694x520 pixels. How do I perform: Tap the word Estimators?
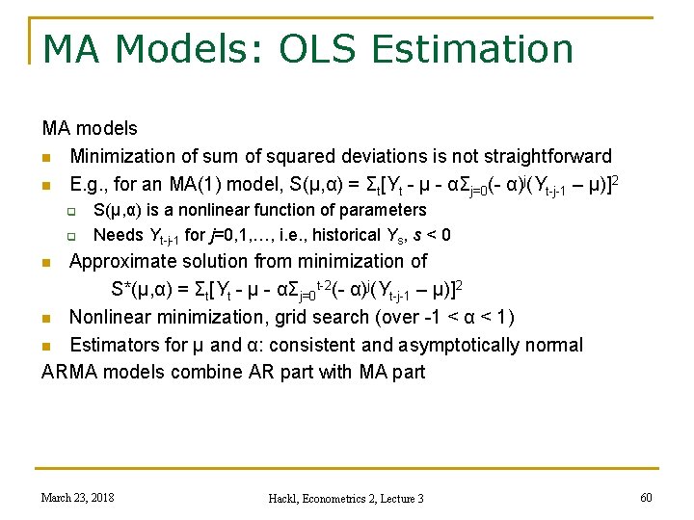point(114,345)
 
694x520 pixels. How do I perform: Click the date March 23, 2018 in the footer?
point(77,497)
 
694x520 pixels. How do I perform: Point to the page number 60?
point(645,497)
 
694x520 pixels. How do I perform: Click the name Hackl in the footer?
point(287,498)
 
